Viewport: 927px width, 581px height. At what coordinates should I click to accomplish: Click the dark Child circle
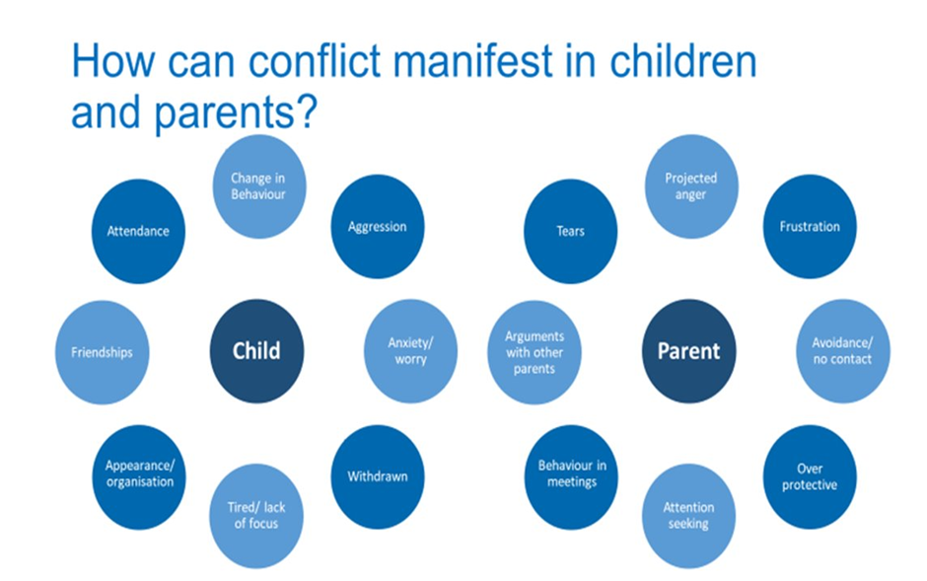pos(256,351)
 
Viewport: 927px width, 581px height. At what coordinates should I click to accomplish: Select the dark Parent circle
pos(688,351)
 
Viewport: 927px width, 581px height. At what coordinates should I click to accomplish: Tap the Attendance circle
pos(138,231)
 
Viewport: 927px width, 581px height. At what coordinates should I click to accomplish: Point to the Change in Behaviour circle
pos(259,186)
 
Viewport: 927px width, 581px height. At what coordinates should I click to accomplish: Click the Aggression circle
pos(377,226)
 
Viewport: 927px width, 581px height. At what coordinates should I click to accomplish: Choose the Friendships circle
pos(103,352)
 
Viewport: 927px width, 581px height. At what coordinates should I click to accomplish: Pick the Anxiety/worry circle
pos(410,351)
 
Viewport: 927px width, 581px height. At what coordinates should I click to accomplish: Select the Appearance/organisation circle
pos(139,477)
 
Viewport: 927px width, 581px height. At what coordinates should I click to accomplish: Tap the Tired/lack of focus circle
pos(256,516)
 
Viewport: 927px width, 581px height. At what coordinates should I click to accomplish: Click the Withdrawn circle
pos(377,477)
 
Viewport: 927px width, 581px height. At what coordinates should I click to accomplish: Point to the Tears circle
pos(571,231)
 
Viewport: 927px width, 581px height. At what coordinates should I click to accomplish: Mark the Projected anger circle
pos(691,186)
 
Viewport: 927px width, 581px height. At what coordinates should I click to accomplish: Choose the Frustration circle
pos(810,226)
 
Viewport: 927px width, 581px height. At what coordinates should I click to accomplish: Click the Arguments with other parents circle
pos(535,352)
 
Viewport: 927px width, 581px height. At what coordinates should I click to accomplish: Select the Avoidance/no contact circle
pos(842,351)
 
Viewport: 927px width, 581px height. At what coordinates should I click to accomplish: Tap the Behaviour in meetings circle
pos(571,477)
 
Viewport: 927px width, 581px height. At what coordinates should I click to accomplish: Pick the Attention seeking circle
pos(688,516)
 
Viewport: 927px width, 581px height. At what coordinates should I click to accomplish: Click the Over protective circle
pos(810,477)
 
